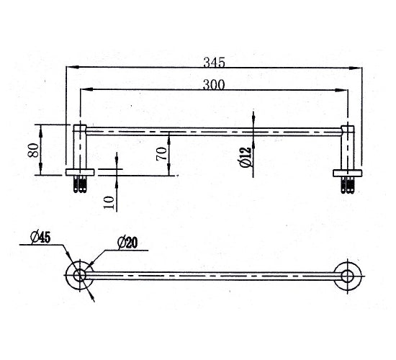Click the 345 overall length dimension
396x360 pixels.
(x=214, y=62)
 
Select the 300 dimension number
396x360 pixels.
(x=214, y=85)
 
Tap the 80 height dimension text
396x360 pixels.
(x=33, y=150)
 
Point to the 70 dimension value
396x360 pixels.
(x=161, y=154)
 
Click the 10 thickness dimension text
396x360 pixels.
(x=109, y=202)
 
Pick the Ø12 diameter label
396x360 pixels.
(x=246, y=157)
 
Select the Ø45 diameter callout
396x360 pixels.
(x=40, y=238)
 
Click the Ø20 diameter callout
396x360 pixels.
(x=127, y=243)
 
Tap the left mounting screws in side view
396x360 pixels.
(x=80, y=184)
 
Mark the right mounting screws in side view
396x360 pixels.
(x=347, y=185)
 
